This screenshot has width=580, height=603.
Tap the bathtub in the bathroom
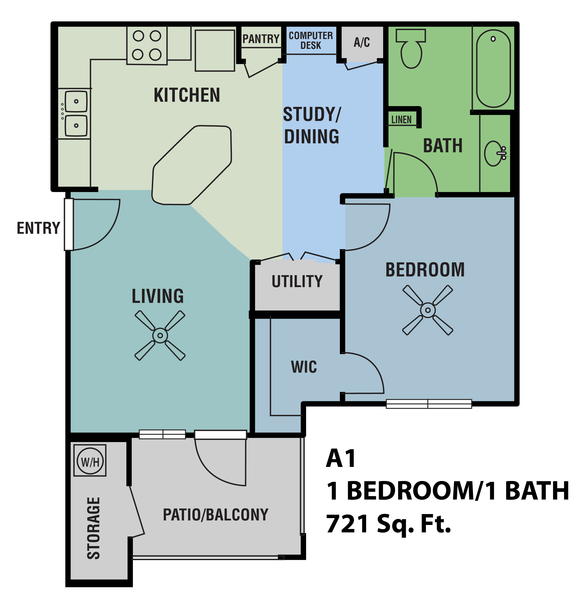point(493,68)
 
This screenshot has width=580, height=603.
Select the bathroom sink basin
point(493,153)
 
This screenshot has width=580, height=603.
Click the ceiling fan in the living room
point(160,335)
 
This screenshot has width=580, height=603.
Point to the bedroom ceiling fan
point(428,310)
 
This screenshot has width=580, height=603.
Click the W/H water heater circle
point(90,462)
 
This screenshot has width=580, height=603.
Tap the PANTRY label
point(261,39)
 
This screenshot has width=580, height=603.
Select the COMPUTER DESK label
point(311,40)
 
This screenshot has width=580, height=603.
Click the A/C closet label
point(362,42)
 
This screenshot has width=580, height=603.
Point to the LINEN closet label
point(401,120)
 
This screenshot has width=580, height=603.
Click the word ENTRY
point(38,228)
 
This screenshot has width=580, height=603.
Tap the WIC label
point(304,367)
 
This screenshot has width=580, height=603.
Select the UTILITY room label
point(297,281)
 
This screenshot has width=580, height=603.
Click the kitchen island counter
point(191,165)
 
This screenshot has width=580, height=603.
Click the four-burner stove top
point(147,45)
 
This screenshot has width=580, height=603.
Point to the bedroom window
point(428,404)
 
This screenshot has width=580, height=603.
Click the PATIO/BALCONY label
point(216,515)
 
